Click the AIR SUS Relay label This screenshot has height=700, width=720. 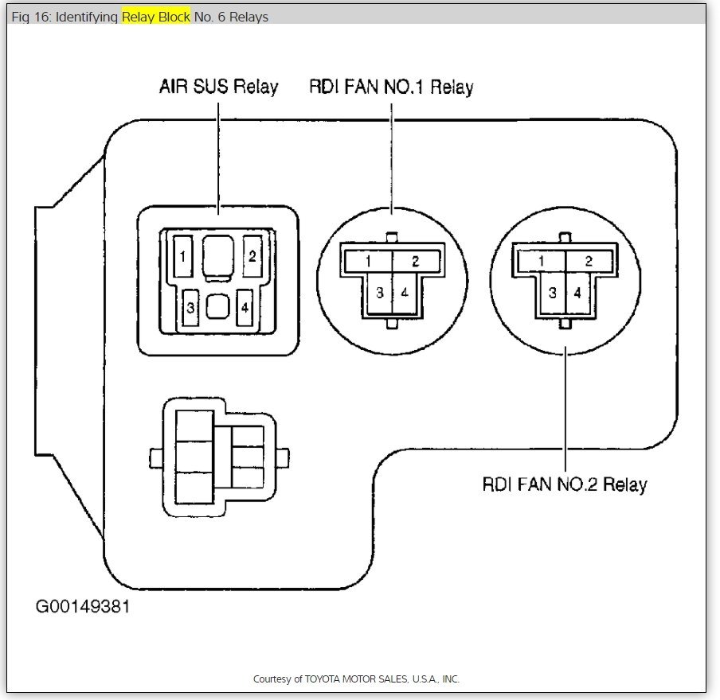[x=218, y=87]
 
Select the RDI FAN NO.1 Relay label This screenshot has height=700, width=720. [x=391, y=87]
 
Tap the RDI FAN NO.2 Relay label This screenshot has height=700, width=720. [x=565, y=484]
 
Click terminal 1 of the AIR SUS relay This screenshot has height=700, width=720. [x=183, y=256]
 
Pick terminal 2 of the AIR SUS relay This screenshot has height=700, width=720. [x=252, y=256]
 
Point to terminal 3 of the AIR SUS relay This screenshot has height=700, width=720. [x=190, y=307]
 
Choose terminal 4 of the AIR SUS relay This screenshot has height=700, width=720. [x=245, y=307]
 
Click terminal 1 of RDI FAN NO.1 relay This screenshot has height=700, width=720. [x=367, y=261]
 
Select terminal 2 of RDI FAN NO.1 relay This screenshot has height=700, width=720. [x=416, y=261]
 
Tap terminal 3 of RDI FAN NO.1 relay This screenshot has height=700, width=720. [x=380, y=293]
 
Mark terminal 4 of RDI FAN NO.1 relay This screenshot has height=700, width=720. [x=405, y=293]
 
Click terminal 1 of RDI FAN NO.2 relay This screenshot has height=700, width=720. [x=542, y=261]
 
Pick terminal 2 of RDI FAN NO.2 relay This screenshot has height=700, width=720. [x=589, y=261]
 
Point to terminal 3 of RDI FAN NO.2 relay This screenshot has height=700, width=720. [x=553, y=293]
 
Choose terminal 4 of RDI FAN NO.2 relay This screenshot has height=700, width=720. [x=577, y=293]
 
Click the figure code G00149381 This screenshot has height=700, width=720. [x=82, y=607]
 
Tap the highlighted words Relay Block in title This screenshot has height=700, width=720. [x=156, y=17]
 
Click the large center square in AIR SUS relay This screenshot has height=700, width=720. [x=217, y=257]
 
